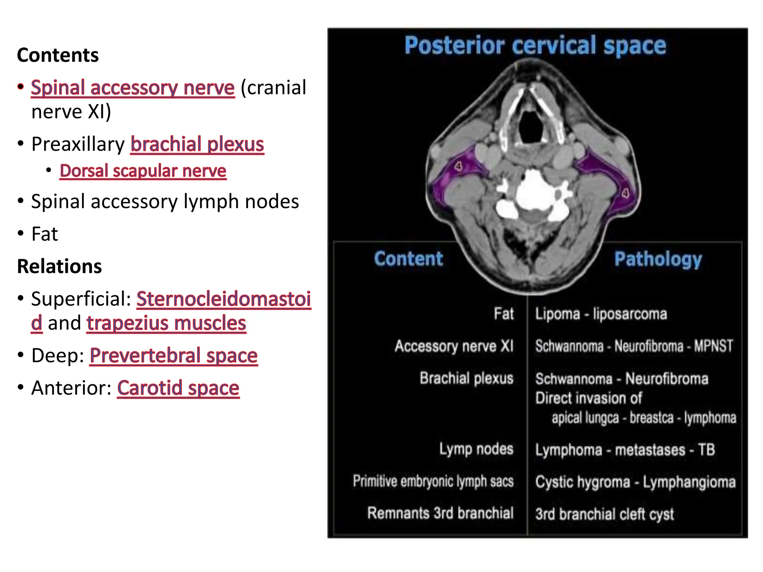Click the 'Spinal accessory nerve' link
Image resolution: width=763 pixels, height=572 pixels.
coord(133,88)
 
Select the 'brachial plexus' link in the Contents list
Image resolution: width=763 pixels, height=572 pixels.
coord(197,144)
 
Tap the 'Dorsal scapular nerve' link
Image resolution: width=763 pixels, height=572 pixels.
coord(143,171)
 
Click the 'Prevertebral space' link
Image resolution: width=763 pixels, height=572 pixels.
coord(174,356)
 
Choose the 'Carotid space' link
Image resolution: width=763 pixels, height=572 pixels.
coord(178,388)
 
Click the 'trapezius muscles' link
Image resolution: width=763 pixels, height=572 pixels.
coord(166,323)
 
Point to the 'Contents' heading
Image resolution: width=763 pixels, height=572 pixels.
coord(58,55)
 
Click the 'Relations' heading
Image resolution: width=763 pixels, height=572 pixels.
coord(59,266)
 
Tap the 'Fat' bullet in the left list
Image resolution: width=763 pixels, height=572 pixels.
coord(44,234)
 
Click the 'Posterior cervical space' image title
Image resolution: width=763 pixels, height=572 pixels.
coord(535,45)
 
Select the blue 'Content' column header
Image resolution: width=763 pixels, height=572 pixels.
coord(409,258)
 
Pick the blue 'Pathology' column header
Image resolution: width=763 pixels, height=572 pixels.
coord(658,259)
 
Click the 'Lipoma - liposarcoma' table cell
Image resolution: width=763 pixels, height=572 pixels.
coord(601,314)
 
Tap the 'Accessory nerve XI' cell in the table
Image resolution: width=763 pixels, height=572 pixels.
coord(454,346)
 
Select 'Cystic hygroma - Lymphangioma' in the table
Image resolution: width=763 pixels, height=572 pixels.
coord(635,482)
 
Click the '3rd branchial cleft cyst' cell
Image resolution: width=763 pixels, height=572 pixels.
coord(604,514)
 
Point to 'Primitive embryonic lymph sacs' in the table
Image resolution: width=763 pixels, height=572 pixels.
coord(433,481)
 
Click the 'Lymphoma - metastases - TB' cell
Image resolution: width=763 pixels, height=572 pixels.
coord(625,450)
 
